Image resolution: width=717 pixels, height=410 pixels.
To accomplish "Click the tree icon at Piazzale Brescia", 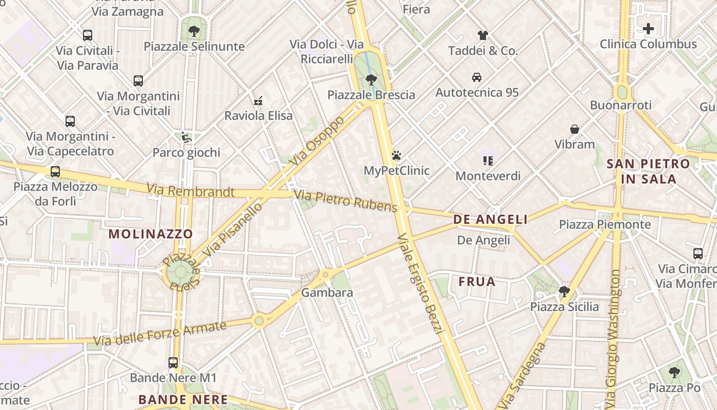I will tap(371, 80).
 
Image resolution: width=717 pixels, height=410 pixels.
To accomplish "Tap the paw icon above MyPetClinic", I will tap(396, 155).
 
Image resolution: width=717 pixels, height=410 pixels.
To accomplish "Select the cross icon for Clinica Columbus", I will tap(648, 29).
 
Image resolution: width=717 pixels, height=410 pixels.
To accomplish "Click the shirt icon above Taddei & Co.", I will tap(483, 35).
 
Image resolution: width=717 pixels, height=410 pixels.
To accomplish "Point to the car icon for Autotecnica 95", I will tap(477, 77).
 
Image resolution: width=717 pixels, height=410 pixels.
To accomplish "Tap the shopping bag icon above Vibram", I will tap(575, 129).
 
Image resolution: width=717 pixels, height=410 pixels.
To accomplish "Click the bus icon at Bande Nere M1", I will tap(173, 363).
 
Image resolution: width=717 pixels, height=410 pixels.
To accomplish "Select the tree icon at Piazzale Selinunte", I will tap(194, 31).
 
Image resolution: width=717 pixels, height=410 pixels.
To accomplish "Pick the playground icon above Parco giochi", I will tap(186, 137).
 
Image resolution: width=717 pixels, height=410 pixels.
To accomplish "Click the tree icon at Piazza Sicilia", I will tap(564, 292).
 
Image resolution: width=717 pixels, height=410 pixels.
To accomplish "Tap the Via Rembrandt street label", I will tap(191, 191).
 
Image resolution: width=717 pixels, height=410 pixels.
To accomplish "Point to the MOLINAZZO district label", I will tap(151, 234).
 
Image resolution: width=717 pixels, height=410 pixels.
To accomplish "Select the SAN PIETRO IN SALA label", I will tap(648, 171).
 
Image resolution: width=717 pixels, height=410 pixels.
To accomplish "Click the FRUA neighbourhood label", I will tap(477, 281).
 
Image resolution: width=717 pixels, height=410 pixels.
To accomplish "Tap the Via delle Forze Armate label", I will tap(160, 334).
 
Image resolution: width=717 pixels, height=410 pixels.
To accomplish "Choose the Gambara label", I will tap(327, 293).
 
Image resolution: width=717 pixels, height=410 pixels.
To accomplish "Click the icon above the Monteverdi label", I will tap(488, 161).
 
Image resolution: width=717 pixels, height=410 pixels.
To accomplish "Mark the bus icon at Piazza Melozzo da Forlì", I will tap(55, 172).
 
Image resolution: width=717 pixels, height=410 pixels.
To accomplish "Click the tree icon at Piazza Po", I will tap(674, 373).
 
